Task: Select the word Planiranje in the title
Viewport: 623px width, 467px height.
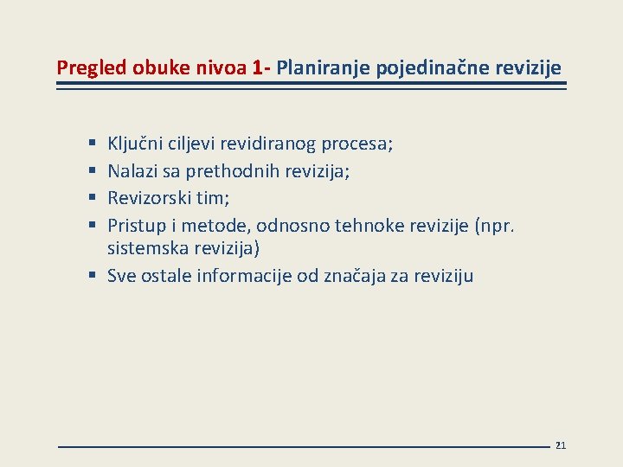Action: pos(321,67)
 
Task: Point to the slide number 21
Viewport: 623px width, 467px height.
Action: pos(560,445)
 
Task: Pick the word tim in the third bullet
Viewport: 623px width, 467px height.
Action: pos(212,197)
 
